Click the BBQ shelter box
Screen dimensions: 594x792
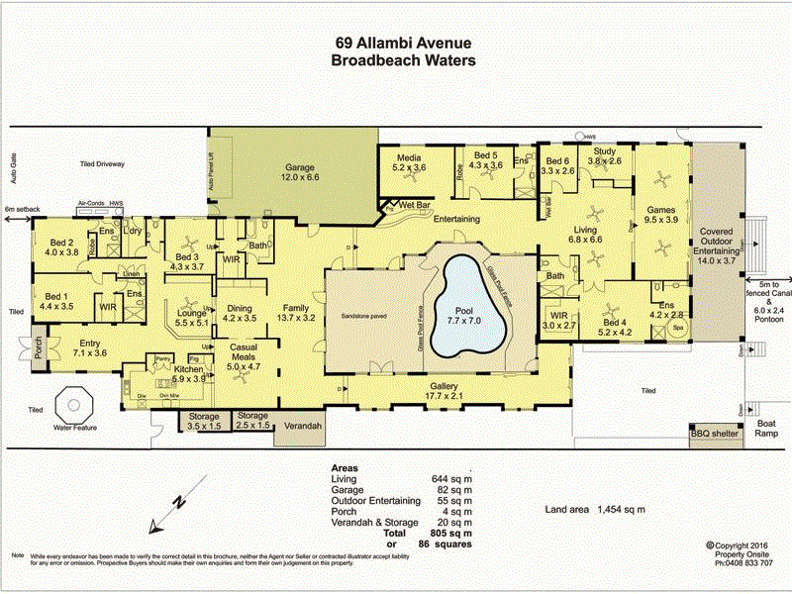click(x=715, y=434)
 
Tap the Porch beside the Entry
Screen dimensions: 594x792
click(x=39, y=351)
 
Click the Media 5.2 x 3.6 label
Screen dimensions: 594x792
click(x=410, y=163)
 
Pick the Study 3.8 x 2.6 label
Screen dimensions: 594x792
click(x=604, y=155)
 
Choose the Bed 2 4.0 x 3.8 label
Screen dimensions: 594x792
click(x=61, y=247)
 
